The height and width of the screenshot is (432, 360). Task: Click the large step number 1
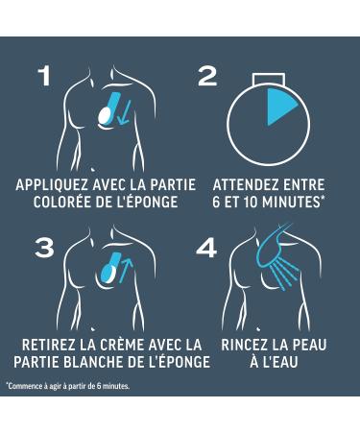click(45, 76)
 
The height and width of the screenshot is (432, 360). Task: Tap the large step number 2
click(207, 76)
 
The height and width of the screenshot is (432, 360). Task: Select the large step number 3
click(44, 248)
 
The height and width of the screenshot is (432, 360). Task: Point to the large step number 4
click(206, 249)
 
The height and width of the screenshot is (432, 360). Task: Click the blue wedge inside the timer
click(278, 105)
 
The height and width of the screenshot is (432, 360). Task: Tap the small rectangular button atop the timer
click(268, 80)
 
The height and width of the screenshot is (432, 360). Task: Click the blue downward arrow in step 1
click(124, 112)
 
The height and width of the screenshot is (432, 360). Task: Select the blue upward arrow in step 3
click(126, 271)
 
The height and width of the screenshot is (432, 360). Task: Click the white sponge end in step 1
click(104, 115)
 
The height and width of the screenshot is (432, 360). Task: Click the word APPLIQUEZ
click(52, 185)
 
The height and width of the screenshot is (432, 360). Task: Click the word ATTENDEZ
click(240, 185)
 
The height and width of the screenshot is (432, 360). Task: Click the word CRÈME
click(123, 345)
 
